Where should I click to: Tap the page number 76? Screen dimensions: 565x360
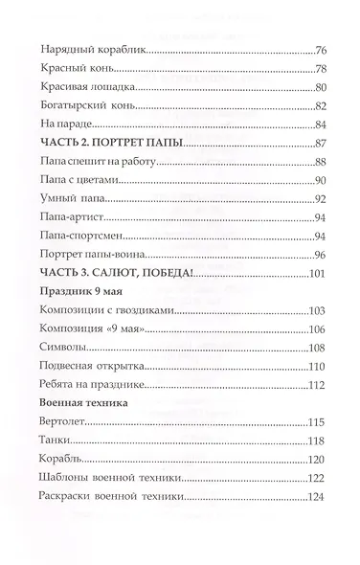click(x=322, y=51)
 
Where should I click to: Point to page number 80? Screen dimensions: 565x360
click(x=322, y=87)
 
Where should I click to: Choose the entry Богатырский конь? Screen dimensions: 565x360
click(x=83, y=105)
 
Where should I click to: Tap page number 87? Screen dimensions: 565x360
click(x=322, y=143)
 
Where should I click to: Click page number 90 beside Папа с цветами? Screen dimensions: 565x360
click(x=322, y=179)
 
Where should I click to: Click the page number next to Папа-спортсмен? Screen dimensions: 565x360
click(x=322, y=235)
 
